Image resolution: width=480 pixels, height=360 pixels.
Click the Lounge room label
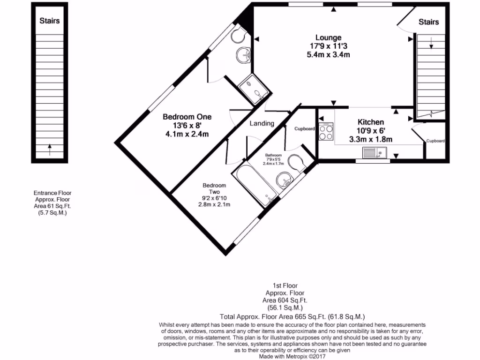click(328, 37)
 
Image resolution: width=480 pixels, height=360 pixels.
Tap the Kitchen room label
click(371, 122)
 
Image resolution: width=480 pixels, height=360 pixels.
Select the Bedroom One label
click(187, 117)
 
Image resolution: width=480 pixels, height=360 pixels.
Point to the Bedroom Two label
click(214, 188)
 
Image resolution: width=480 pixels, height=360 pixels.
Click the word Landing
click(262, 123)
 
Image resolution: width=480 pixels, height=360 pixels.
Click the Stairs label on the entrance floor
click(50, 21)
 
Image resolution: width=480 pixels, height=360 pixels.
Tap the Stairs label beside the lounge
click(428, 22)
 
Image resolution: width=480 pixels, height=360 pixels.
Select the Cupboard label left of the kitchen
click(305, 128)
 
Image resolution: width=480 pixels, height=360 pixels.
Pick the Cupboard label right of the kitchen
click(435, 141)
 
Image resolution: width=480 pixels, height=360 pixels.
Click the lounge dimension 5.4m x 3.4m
click(328, 54)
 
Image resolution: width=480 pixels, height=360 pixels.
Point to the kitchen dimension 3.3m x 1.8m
click(371, 139)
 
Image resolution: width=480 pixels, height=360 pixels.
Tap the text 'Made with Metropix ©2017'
click(293, 356)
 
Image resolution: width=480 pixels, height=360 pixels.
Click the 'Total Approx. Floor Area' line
click(292, 316)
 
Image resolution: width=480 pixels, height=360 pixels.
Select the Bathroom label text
click(273, 155)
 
